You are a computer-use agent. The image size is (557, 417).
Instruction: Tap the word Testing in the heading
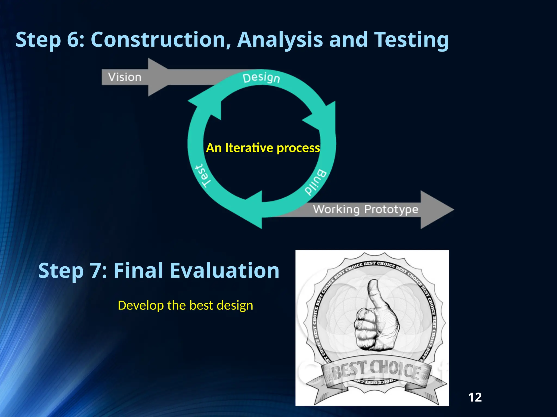point(411,40)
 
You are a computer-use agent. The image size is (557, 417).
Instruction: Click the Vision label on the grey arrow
point(125,77)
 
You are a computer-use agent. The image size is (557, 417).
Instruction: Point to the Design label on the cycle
point(261,78)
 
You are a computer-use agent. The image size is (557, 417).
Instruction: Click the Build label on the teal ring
point(315,182)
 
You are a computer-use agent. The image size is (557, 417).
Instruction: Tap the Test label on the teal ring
point(203,176)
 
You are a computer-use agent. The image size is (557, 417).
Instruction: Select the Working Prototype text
point(365,209)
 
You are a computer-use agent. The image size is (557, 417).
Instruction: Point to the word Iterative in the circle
point(249,148)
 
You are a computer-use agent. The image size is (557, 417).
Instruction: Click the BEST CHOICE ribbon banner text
point(377,370)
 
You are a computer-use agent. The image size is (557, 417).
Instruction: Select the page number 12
point(475,397)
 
